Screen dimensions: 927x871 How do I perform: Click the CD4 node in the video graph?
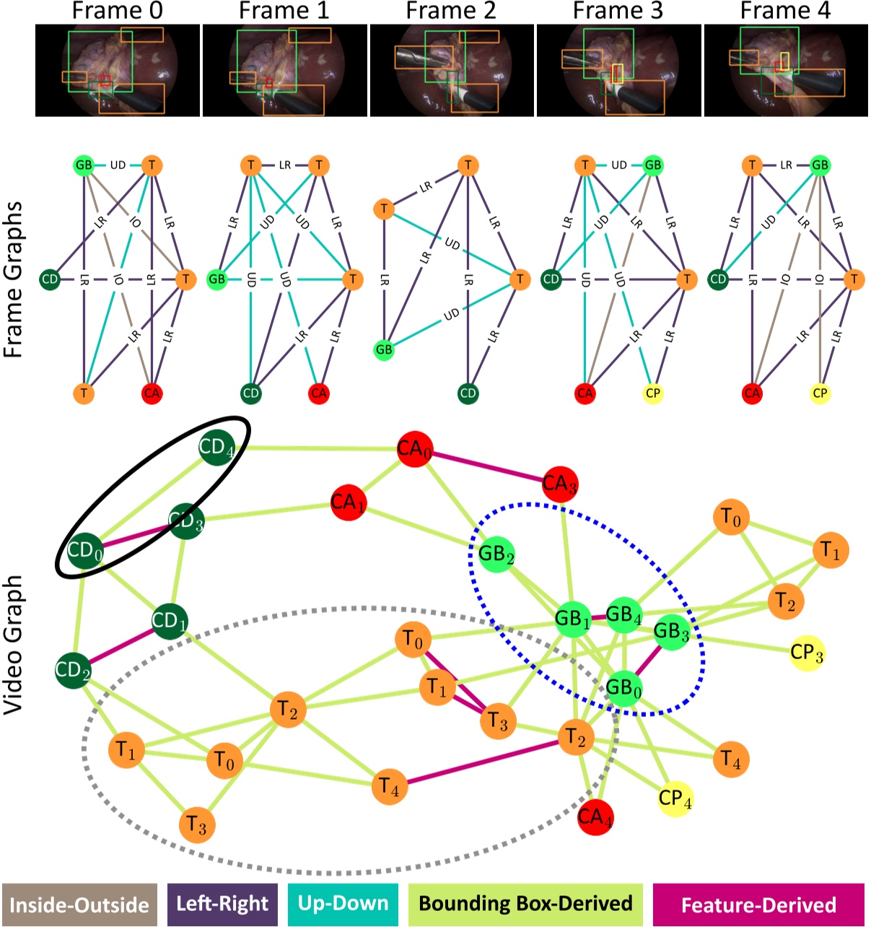tap(216, 448)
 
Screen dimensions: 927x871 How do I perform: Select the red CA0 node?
tap(414, 450)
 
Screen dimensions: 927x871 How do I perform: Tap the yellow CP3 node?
tap(806, 653)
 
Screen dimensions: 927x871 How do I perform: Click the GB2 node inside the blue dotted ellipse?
tap(496, 554)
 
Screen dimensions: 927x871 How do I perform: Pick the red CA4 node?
tap(595, 817)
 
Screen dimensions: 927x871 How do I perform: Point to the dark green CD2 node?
tap(73, 670)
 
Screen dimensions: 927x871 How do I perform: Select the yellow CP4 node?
tap(675, 798)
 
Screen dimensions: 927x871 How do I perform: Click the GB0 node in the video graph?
tap(623, 687)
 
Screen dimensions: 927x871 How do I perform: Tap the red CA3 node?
tap(560, 484)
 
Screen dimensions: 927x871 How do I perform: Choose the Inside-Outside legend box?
tap(79, 905)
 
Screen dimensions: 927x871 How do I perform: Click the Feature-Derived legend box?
tap(758, 905)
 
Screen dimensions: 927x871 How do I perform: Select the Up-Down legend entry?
tap(343, 904)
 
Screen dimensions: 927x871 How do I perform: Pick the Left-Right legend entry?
tap(222, 904)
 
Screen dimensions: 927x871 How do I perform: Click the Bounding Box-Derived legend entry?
tap(525, 904)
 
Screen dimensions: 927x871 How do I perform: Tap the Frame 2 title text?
tap(452, 11)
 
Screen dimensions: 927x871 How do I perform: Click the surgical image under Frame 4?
tap(786, 70)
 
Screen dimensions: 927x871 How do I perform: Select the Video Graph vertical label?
tap(14, 645)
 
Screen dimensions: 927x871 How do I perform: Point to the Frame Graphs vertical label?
tap(14, 279)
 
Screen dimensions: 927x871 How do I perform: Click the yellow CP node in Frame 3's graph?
tap(652, 393)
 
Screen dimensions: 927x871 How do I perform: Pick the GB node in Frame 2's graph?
tap(384, 349)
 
